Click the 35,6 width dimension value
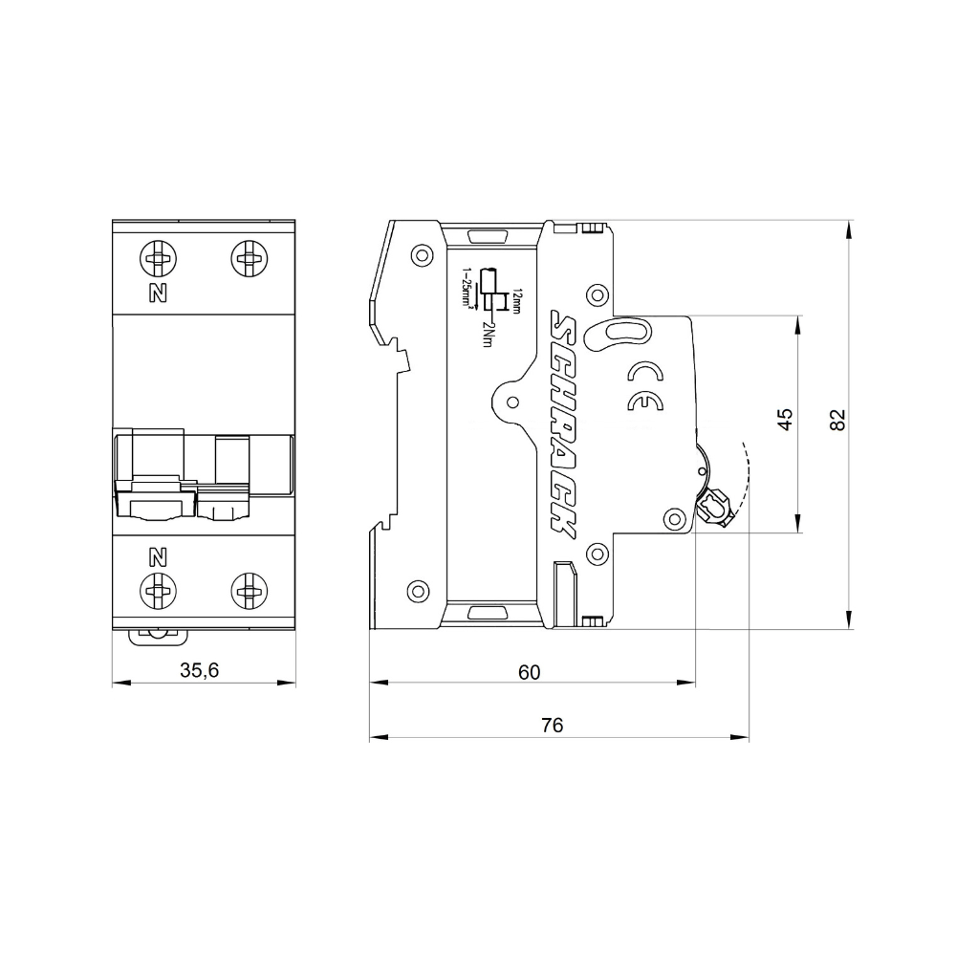point(200,671)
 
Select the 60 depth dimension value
point(529,672)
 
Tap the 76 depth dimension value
point(552,726)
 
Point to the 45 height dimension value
point(785,420)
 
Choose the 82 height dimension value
point(837,420)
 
